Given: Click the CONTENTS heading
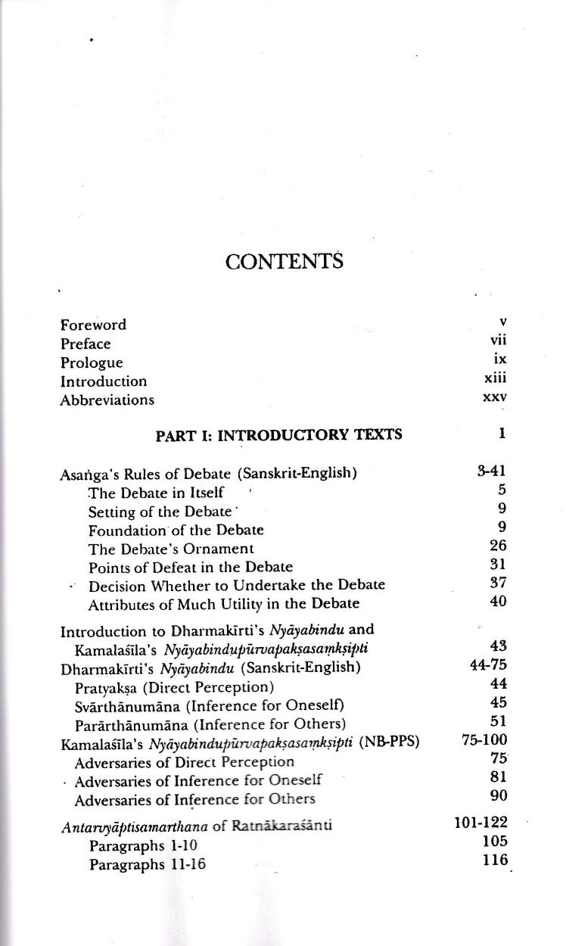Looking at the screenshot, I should pos(284,262).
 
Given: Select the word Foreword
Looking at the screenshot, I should pos(93,325).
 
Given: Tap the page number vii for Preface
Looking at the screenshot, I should pos(498,343).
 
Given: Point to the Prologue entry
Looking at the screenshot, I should pos(91,363).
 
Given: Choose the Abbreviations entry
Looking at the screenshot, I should pos(107,400).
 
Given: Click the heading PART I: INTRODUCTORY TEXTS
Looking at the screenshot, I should pos(278,434).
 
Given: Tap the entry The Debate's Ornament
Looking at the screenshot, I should pos(171,548).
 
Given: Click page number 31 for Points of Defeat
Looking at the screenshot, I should pos(498,565).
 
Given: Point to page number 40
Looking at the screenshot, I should pos(498,602).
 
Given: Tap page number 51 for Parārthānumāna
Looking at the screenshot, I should pos(498,721).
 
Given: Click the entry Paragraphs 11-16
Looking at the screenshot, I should pos(147,864).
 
